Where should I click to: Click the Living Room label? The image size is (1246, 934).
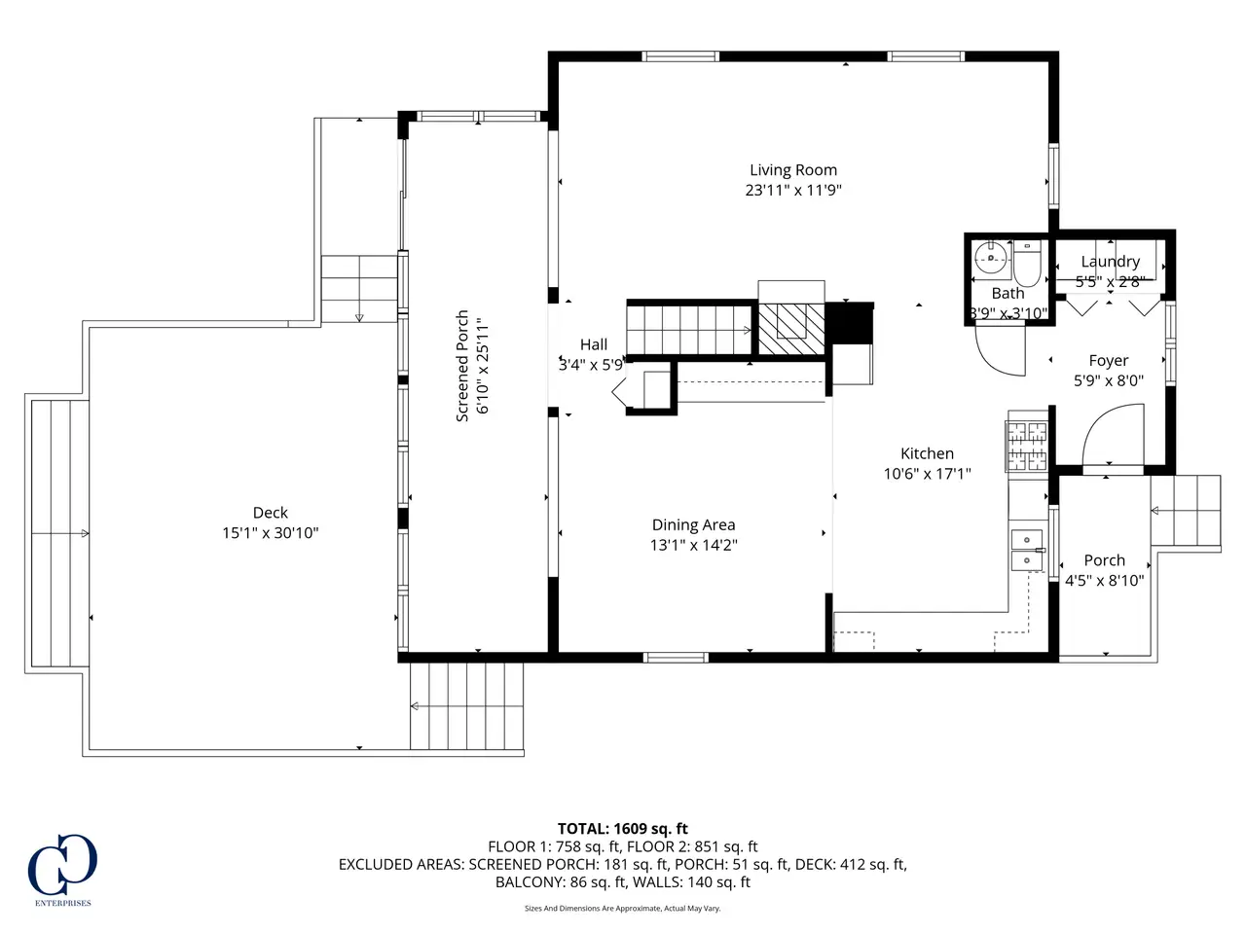coord(793,170)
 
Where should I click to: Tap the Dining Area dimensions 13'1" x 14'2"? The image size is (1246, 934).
coord(693,545)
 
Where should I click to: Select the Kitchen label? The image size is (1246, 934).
coord(927,453)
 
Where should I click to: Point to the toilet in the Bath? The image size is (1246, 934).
coord(1026,265)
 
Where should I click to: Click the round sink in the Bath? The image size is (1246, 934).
coord(991,259)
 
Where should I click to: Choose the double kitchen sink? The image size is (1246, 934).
coord(1027,550)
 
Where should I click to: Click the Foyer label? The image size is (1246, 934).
coord(1109,361)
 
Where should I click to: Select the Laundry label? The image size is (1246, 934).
coord(1111,262)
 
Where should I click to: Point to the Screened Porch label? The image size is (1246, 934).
coord(462,366)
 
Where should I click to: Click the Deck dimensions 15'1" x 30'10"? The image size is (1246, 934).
coord(271,533)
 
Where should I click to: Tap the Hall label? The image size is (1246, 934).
coord(594,344)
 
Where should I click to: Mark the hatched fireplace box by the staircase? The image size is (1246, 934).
coord(791,329)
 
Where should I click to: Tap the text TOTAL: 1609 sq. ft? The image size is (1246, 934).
coord(623,829)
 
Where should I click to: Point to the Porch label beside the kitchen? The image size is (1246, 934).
coord(1104,560)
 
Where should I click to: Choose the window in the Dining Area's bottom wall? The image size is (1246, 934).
coord(676,658)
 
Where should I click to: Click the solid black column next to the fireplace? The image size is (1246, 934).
coord(849,323)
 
